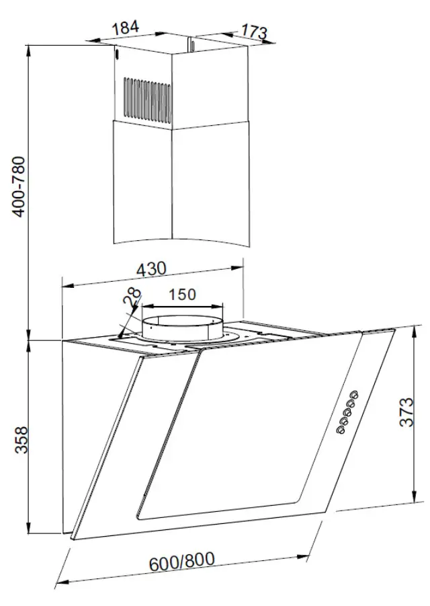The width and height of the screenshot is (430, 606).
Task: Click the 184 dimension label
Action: [126, 28]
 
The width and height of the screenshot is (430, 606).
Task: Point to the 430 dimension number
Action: [151, 268]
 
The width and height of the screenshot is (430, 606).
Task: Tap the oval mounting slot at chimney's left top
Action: [116, 52]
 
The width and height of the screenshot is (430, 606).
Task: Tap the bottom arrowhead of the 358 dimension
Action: [28, 529]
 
